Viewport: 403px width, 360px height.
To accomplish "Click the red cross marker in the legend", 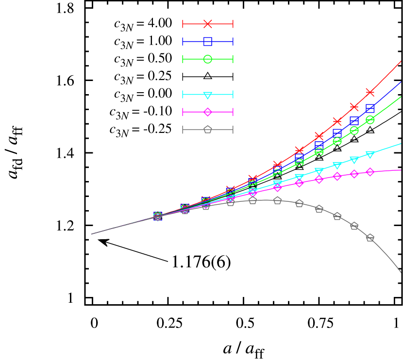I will point(208,24).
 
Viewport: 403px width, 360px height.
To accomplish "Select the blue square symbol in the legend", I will point(208,42).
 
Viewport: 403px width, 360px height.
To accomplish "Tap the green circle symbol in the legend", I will point(208,59).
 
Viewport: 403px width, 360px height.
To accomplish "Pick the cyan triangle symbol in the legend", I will point(208,95).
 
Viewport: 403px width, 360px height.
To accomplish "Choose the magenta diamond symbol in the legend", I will point(208,112).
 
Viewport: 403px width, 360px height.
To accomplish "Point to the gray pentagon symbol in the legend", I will point(208,130).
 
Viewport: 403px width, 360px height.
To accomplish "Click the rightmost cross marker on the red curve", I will point(370,92).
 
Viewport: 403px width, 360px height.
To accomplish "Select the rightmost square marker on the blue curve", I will point(370,108).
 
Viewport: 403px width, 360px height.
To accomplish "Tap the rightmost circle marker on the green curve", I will point(370,119).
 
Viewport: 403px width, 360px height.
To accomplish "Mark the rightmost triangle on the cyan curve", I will point(370,155).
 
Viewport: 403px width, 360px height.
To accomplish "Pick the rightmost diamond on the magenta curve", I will point(370,172).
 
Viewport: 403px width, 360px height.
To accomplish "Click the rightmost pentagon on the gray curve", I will point(370,238).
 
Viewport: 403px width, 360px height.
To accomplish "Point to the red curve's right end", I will point(401,62).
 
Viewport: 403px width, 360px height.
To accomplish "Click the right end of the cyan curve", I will point(401,144).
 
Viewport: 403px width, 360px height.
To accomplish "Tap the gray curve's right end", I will point(401,272).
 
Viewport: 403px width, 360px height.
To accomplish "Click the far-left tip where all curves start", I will point(91,234).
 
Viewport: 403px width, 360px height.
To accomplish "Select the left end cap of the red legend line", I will point(183,24).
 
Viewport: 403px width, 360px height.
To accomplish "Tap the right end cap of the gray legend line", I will point(233,130).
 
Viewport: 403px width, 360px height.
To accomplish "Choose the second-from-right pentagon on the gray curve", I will point(354,226).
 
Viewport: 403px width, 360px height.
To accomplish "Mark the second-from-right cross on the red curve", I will point(354,107).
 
